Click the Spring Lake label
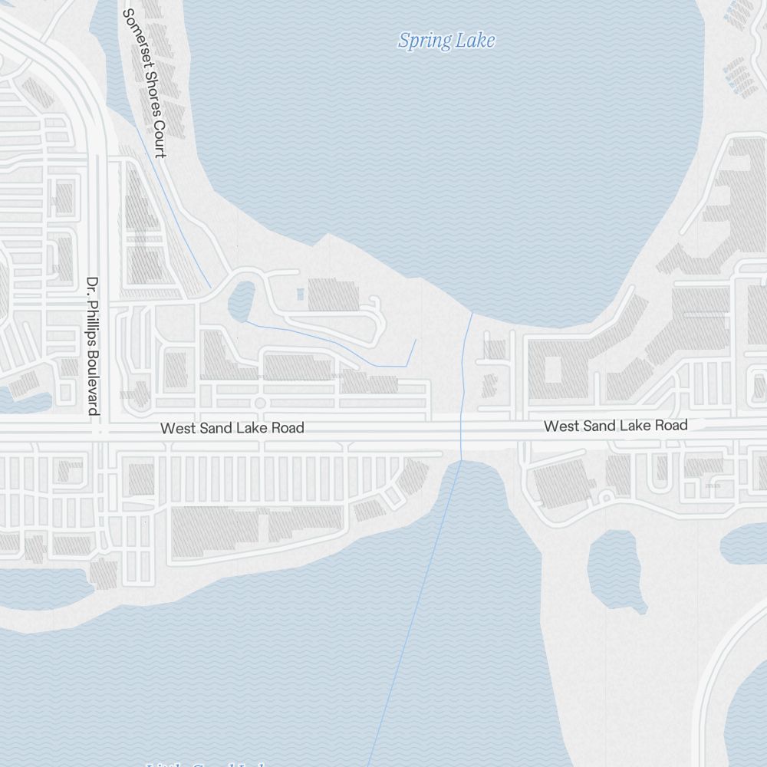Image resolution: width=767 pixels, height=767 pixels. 446,41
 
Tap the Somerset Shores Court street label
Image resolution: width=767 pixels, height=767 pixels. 144,83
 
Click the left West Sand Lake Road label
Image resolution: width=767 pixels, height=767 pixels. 232,428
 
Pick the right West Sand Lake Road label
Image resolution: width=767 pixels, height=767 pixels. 615,426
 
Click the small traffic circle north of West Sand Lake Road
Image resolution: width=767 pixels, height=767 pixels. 259,403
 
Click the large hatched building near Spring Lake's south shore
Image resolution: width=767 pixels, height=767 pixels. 334,295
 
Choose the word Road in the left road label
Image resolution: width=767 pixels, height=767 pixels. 289,428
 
